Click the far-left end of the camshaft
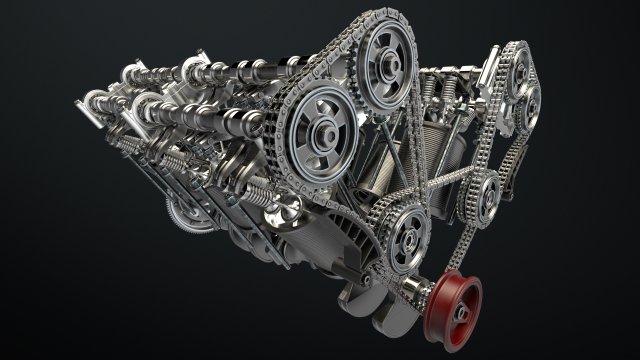(x=84, y=100)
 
